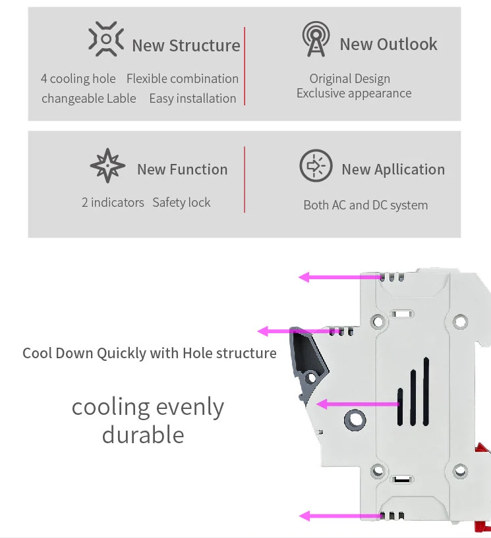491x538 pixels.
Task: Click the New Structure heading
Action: [x=186, y=45]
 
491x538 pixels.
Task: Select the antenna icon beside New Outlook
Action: [x=314, y=40]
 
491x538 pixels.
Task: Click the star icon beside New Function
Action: [x=107, y=166]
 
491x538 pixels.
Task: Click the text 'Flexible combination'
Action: [x=182, y=79]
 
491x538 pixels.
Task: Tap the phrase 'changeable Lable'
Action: [x=88, y=99]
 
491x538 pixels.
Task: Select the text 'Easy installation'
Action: [x=192, y=99]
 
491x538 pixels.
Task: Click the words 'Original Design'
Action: [x=349, y=79]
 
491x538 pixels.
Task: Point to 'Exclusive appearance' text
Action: [x=353, y=94]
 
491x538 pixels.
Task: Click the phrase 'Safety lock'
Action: [x=181, y=203]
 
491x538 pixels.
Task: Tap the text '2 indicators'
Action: [x=113, y=203]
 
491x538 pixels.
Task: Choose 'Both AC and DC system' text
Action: [x=365, y=205]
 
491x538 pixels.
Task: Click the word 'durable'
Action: [x=143, y=435]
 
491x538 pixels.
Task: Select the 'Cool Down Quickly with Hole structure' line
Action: [x=150, y=354]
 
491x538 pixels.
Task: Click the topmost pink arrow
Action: [x=339, y=277]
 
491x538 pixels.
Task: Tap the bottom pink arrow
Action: [x=339, y=516]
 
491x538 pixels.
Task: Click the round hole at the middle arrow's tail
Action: [x=356, y=417]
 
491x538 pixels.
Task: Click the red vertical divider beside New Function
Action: [x=245, y=179]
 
